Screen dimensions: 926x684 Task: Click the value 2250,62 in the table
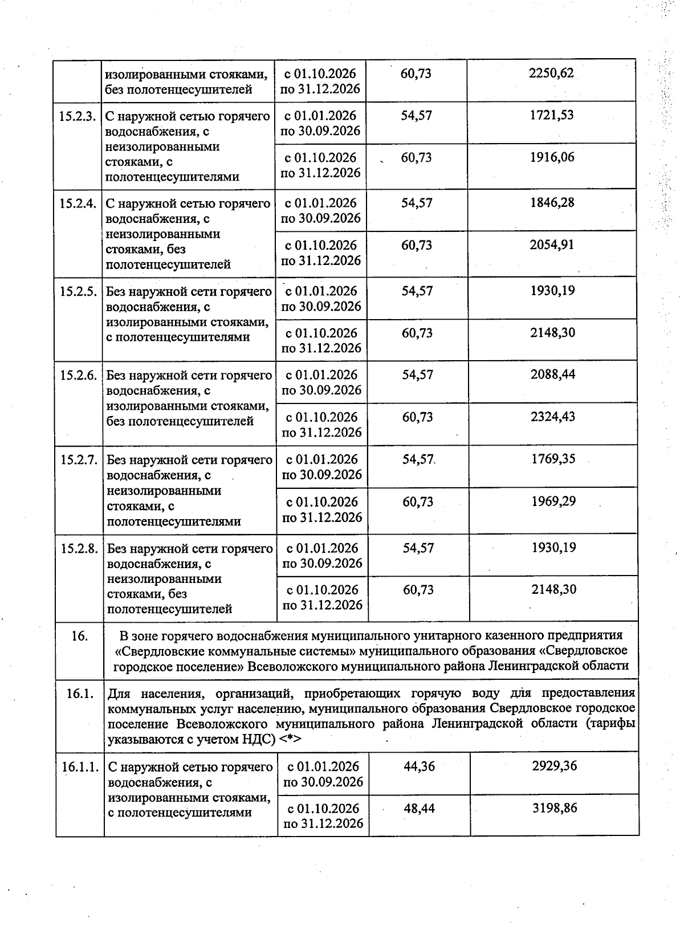click(x=551, y=74)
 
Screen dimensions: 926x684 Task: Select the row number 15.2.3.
click(x=78, y=116)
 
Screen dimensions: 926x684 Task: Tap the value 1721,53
click(x=551, y=116)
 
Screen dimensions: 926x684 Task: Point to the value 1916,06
click(x=552, y=158)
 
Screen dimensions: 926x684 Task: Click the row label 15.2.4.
click(x=78, y=204)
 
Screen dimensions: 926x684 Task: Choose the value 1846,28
click(x=552, y=203)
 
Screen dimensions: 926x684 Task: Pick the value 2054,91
click(x=552, y=246)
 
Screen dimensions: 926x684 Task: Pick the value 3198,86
click(x=555, y=809)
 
